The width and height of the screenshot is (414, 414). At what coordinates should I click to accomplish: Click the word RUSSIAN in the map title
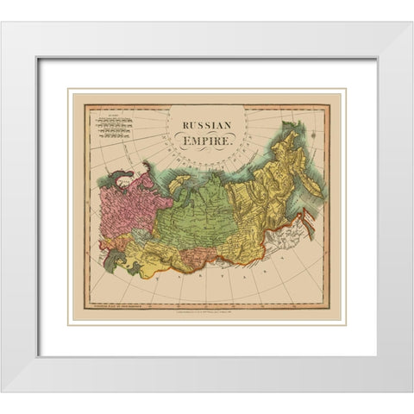pos(206,124)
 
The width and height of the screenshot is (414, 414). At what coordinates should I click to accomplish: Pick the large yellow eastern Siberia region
pos(259,190)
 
